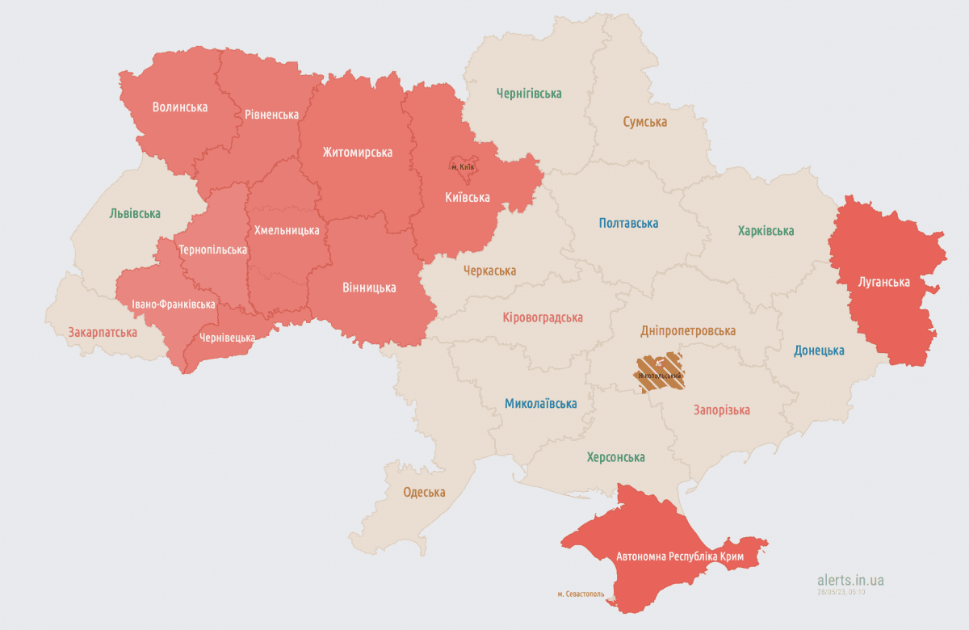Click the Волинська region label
180,107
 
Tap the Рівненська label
271,115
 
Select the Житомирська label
358,152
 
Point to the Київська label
468,197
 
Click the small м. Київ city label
463,167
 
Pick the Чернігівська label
529,94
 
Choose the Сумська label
644,122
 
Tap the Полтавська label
628,223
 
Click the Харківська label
766,231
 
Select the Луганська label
884,282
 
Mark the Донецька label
819,351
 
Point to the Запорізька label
722,410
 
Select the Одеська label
424,493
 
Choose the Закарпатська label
103,332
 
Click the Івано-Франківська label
174,304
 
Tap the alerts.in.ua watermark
850,580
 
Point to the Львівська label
135,213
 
